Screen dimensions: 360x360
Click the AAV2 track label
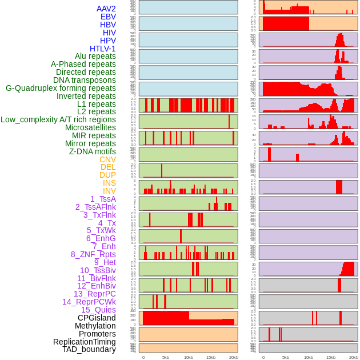[106, 9]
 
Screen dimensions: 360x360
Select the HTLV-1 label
[102, 49]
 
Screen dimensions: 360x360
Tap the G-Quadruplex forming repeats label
[61, 88]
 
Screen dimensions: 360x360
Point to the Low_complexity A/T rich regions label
[58, 119]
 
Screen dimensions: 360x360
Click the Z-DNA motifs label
[92, 151]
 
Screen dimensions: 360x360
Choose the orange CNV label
[107, 159]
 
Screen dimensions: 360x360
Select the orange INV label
[109, 191]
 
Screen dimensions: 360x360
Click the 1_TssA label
[103, 199]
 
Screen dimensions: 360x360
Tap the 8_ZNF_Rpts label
[93, 254]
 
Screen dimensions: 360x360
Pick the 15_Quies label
[98, 310]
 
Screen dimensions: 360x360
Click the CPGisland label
[97, 318]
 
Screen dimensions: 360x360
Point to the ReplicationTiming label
[85, 342]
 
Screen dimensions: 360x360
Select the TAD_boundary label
[89, 349]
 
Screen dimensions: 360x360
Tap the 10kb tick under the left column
[188, 357]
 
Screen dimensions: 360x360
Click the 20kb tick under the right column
[354, 357]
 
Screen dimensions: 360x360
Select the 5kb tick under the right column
[286, 357]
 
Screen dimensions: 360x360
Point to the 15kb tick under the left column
[211, 357]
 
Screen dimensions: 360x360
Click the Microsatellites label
[90, 127]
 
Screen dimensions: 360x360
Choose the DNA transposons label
[85, 80]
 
